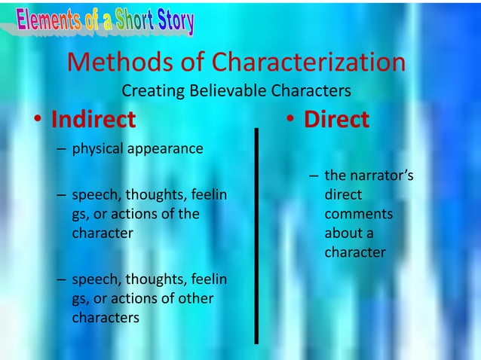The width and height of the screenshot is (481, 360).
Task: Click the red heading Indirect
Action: click(x=93, y=120)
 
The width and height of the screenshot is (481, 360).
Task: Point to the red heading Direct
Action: click(x=336, y=120)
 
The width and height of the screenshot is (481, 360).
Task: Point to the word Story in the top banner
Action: click(x=176, y=21)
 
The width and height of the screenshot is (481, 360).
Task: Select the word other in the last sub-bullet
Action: click(x=193, y=299)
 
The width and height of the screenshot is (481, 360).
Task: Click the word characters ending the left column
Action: click(x=106, y=318)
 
